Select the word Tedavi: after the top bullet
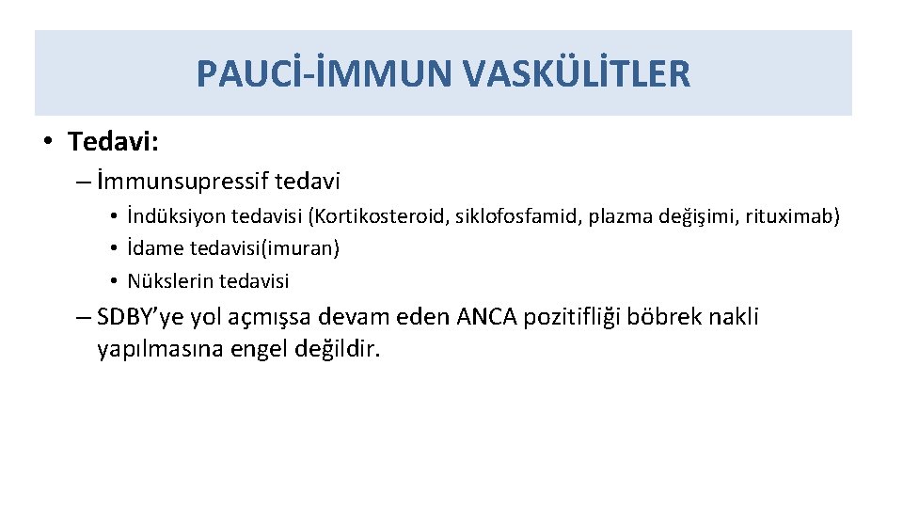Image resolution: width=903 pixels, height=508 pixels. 114,142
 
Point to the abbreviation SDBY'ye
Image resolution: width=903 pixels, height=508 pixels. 139,318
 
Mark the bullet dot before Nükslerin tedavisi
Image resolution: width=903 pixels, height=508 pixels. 112,281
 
